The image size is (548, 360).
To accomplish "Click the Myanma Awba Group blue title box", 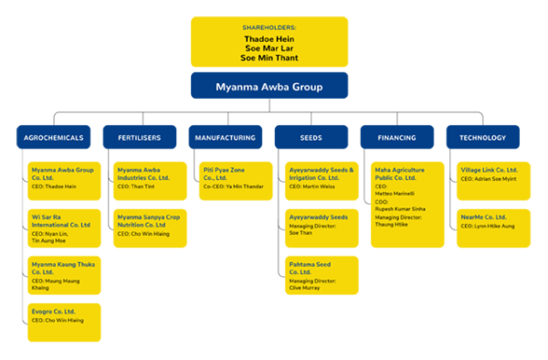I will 269,86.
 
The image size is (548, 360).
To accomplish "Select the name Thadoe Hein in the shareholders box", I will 269,39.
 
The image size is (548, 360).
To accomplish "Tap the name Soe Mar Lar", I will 269,48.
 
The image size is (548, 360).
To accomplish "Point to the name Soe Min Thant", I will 269,58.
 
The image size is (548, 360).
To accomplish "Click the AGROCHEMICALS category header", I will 54,137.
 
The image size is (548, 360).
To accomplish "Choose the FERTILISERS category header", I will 139,137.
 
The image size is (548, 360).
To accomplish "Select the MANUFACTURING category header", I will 225,137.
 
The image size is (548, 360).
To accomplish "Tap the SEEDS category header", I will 311,137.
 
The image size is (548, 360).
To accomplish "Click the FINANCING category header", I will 396,137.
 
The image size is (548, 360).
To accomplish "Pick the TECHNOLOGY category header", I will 483,137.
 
